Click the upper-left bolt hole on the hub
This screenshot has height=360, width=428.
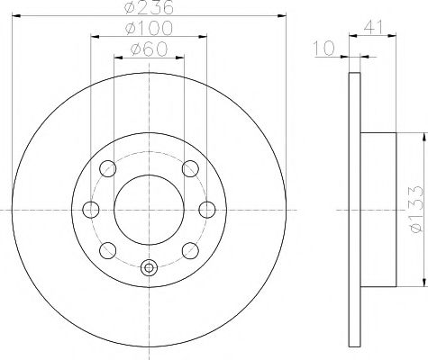coord(108,168)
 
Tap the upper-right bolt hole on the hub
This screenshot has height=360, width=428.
coord(190,168)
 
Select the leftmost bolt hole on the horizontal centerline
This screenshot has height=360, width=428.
coord(90,209)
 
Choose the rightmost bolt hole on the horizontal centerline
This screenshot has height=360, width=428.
coord(207,209)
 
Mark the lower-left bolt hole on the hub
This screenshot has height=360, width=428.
coord(108,249)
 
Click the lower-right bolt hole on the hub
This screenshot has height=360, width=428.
coord(190,249)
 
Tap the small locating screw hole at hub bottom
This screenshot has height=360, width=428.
coord(150,266)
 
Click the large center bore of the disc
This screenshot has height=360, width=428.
coord(150,209)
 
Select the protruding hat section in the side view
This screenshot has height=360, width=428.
coord(376,209)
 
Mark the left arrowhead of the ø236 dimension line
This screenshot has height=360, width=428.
coord(18,16)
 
